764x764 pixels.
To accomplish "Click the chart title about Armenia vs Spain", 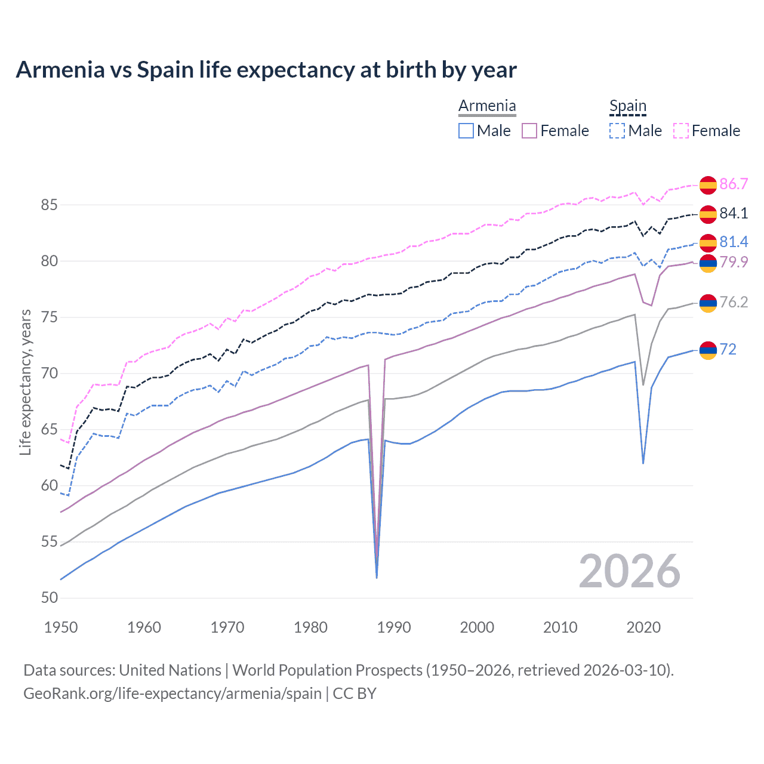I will click(266, 70).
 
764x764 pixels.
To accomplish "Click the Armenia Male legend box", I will click(466, 131).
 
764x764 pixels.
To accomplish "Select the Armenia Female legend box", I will click(529, 131).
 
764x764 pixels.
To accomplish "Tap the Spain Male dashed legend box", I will click(617, 131).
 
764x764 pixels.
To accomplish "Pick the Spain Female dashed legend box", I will click(681, 131).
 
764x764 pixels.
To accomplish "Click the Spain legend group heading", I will click(628, 106).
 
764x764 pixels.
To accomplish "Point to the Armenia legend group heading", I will click(487, 106).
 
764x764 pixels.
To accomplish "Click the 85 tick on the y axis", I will click(49, 205).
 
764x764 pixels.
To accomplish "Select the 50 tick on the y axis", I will click(49, 598).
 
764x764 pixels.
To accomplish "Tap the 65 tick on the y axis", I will click(49, 430).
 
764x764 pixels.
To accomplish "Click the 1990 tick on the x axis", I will click(394, 627).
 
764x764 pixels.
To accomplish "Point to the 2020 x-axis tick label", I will click(643, 627).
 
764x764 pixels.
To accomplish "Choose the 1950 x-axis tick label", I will click(61, 627).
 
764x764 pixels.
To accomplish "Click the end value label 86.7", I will click(734, 184).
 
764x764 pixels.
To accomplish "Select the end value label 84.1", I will click(734, 213).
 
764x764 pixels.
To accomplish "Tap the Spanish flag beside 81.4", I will click(708, 243).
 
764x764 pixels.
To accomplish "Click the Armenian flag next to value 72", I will click(708, 350).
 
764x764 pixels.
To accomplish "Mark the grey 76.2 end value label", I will click(734, 303).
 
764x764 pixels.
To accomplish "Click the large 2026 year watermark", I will click(630, 571).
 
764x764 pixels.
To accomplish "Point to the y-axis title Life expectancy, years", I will click(25, 382).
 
